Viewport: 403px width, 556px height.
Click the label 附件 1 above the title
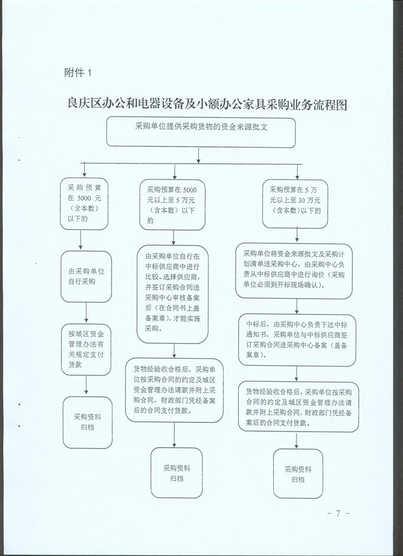[78, 73]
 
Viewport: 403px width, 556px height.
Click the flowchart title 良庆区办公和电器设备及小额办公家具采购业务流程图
[207, 105]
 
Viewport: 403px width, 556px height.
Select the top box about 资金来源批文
[201, 133]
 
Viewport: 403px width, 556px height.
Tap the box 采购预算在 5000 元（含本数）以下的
[84, 204]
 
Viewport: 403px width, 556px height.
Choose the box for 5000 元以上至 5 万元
[172, 205]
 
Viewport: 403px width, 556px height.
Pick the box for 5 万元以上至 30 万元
[295, 204]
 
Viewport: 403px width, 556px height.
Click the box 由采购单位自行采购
[86, 276]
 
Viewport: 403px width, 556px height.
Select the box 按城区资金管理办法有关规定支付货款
[86, 349]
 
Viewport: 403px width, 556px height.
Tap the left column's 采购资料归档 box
[87, 422]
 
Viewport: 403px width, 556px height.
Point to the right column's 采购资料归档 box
[298, 474]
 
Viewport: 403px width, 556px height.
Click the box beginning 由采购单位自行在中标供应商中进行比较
[172, 294]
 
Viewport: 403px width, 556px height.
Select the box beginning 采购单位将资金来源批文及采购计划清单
[294, 271]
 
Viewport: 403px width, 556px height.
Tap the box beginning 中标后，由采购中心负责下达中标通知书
[297, 340]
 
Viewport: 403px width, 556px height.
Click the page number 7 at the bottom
[338, 513]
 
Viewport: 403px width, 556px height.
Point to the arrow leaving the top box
[198, 156]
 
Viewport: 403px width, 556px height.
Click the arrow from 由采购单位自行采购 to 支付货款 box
[86, 313]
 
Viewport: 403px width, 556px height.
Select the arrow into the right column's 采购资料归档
[297, 441]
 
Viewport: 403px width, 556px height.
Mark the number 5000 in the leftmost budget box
[84, 198]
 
